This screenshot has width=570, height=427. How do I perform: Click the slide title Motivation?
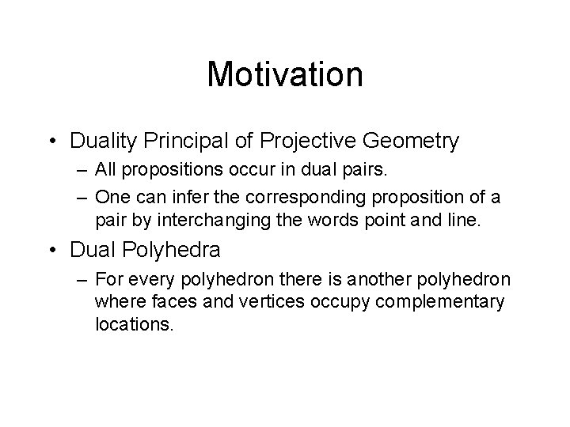tap(284, 75)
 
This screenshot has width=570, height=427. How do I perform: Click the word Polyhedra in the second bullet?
tap(178, 250)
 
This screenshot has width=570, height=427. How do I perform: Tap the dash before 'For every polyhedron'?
tap(82, 279)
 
